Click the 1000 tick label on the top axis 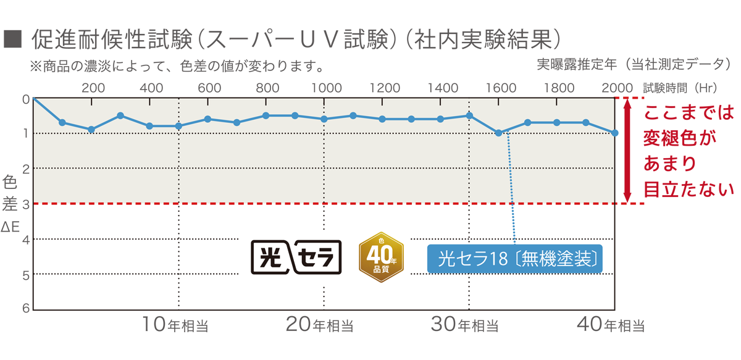click(324, 87)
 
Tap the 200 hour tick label click(93, 87)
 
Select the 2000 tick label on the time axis click(616, 87)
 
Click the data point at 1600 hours click(498, 133)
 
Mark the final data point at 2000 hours click(614, 133)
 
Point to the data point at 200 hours click(91, 130)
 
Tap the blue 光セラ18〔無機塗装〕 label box click(514, 259)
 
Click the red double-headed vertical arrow click(627, 151)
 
